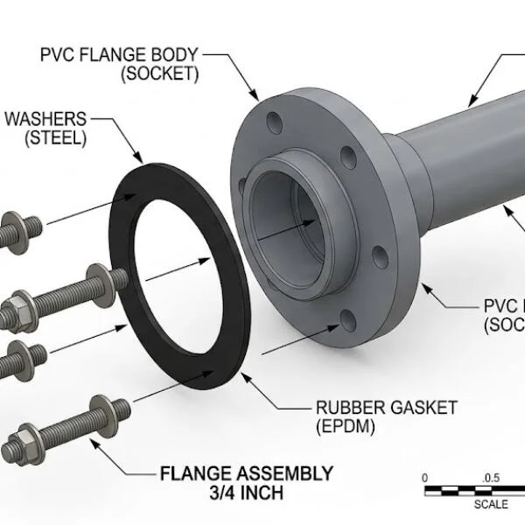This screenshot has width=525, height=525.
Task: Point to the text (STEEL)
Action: click(55, 137)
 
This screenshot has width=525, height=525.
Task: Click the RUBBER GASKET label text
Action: click(386, 408)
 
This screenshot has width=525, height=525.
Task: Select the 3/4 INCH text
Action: click(247, 493)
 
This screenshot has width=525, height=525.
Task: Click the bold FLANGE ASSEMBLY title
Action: click(247, 473)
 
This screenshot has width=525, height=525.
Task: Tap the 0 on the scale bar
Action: click(425, 478)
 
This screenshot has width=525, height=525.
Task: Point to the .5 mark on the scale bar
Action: click(491, 478)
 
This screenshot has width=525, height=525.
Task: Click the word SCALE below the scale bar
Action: click(491, 504)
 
